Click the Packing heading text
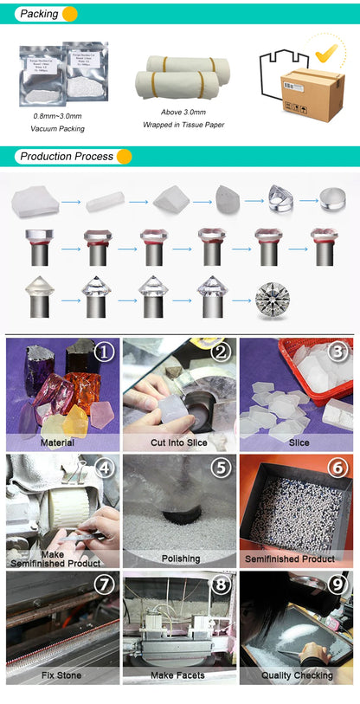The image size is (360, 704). coord(39,14)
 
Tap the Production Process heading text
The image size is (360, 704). coord(67,157)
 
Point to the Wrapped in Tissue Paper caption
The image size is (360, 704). coord(183,125)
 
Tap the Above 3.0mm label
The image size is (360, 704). coord(183,112)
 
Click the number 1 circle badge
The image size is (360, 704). coord(104,352)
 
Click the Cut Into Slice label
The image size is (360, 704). coord(180,442)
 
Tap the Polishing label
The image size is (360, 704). coord(180,559)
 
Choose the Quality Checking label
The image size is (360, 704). coord(297,675)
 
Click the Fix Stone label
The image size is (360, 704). coord(61,675)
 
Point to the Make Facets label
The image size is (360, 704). coord(180,675)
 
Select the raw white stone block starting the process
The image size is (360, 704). coord(35,203)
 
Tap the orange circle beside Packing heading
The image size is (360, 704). coord(70,14)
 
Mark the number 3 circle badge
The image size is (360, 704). coord(338,352)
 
